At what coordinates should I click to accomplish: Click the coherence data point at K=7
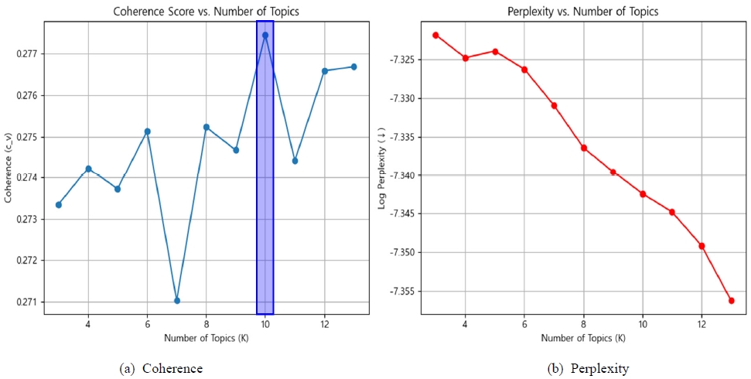(x=177, y=300)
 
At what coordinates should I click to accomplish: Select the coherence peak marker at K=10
(x=265, y=35)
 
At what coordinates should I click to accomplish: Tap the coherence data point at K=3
(x=59, y=204)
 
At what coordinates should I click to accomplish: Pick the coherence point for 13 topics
(x=353, y=67)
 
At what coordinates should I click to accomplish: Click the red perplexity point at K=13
(x=731, y=300)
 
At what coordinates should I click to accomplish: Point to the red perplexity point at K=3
(x=435, y=35)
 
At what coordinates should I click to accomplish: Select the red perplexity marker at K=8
(x=583, y=148)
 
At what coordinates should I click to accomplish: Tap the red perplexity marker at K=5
(x=495, y=52)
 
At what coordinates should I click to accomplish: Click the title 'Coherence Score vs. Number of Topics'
(x=206, y=11)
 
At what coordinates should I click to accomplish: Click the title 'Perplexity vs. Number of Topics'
(x=582, y=11)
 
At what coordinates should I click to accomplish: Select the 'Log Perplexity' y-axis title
(x=381, y=167)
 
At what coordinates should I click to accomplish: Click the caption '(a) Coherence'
(x=162, y=369)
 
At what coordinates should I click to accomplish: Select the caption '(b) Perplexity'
(x=589, y=369)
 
